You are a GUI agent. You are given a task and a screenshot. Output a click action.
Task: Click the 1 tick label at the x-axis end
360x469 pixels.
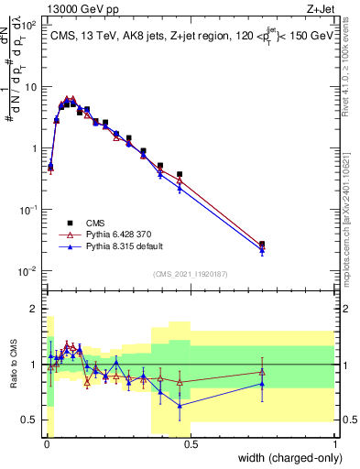point(335,444)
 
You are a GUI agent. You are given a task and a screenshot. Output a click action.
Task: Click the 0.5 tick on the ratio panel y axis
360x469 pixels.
point(29,420)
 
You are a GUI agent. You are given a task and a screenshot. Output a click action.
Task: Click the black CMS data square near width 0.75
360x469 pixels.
point(262,245)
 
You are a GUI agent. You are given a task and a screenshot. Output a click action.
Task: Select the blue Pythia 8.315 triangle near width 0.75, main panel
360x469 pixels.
point(262,251)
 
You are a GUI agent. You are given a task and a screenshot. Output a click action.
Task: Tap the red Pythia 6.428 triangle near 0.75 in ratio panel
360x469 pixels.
point(262,371)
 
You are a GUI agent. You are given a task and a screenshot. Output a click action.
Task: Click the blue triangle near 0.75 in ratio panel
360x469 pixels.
point(262,384)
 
